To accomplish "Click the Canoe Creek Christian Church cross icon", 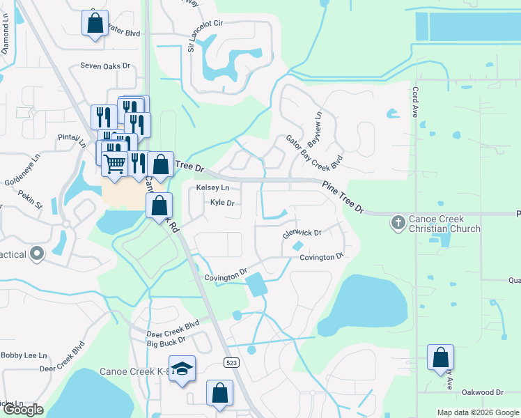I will tap(398, 222).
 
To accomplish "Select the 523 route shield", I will tap(232, 362).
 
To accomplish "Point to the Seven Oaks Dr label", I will tap(105, 66).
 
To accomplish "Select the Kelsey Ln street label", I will tap(212, 188).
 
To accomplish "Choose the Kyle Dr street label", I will tap(221, 203).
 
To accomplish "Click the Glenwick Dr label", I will tap(301, 233).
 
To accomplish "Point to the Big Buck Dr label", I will tap(166, 343).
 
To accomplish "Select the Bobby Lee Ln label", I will tap(24, 355).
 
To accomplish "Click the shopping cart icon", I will tap(115, 163).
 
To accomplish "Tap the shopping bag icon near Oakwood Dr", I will tap(440, 358).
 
